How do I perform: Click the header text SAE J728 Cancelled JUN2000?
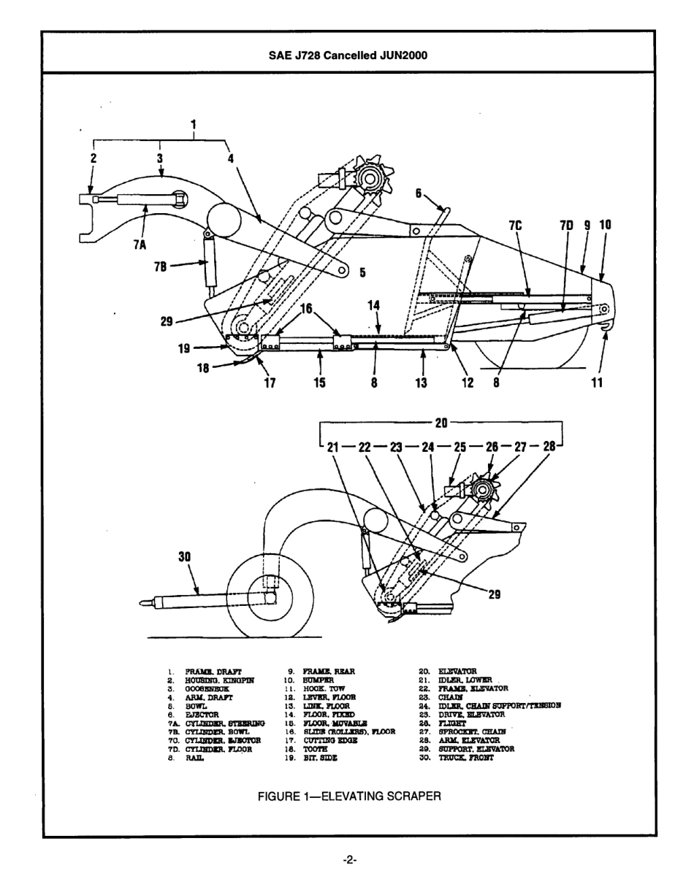pos(348,55)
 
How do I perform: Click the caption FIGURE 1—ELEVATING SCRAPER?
pos(348,796)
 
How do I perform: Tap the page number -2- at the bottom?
pos(348,860)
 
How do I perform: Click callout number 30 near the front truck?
pos(184,556)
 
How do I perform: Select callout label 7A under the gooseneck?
pos(140,245)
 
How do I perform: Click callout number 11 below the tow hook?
pos(597,381)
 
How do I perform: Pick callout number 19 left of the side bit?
pos(184,349)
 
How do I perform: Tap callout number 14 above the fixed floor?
pos(373,306)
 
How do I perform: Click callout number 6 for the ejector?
pos(419,193)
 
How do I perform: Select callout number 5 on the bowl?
pos(362,273)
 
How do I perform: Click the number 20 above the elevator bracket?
pos(441,422)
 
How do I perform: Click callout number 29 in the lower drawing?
pos(495,594)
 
